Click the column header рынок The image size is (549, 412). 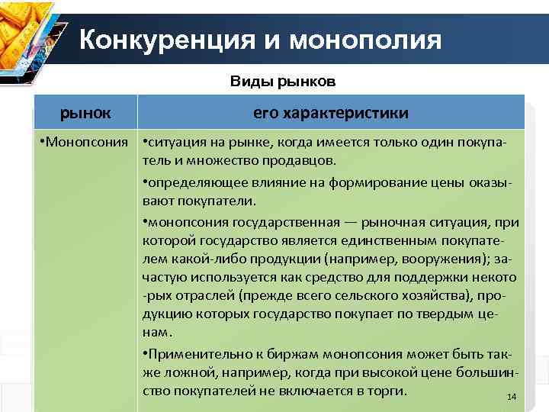pos(85,113)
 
